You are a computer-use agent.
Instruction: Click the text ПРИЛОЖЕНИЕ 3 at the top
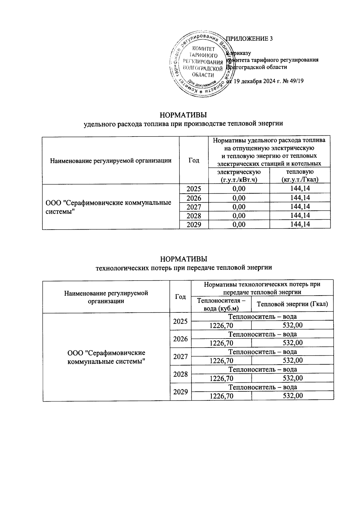(x=249, y=39)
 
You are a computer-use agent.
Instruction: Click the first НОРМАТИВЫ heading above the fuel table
(x=183, y=115)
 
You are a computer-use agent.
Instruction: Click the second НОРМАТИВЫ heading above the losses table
(x=183, y=259)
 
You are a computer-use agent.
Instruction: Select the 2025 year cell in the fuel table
(x=194, y=189)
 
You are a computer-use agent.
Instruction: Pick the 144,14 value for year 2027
(x=300, y=207)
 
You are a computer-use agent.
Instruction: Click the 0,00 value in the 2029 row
(x=239, y=224)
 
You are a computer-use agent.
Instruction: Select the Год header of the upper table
(x=194, y=161)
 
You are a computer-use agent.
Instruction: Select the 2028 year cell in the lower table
(x=181, y=374)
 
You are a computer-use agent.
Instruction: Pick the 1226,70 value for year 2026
(x=221, y=343)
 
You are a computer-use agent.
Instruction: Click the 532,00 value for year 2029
(x=293, y=396)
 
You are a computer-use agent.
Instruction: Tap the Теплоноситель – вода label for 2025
(x=262, y=317)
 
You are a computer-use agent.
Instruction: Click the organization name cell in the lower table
(x=106, y=357)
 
